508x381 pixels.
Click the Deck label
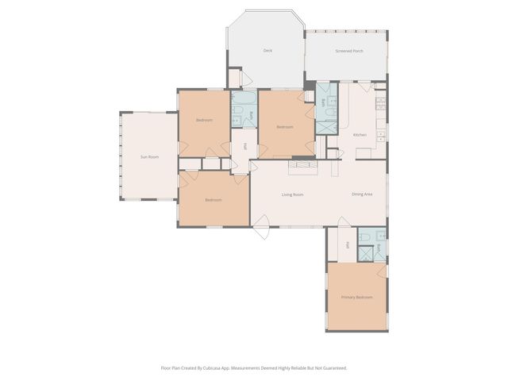267,51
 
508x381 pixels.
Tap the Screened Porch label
349,51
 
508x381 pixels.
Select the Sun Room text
149,157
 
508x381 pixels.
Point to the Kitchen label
360,135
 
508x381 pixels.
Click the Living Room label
293,194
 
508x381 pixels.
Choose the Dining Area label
363,194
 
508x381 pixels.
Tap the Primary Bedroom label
356,297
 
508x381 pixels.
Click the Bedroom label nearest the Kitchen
285,127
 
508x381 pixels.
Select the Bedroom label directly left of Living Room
214,200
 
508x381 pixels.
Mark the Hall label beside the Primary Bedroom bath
348,245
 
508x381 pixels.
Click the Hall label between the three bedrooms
245,147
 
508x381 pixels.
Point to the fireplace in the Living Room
302,164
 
